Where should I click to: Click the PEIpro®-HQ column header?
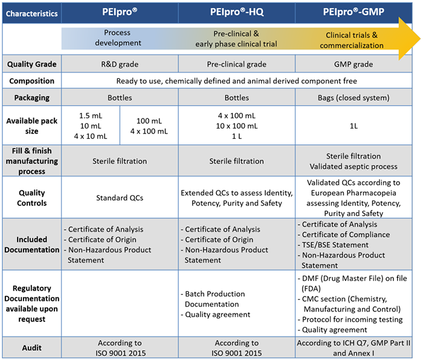tap(237, 12)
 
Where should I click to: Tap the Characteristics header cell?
tap(31, 13)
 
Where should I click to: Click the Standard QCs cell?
tap(121, 198)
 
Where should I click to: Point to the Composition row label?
tap(31, 81)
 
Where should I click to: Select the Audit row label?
tap(31, 347)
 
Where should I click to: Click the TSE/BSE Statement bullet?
tap(336, 245)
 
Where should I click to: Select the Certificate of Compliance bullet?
tap(346, 235)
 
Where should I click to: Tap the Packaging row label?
tap(31, 97)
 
